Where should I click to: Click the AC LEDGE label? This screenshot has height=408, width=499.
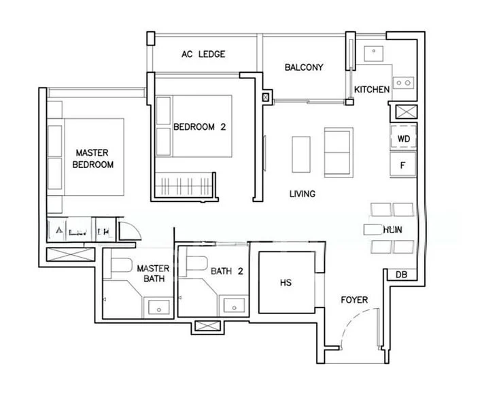point(203,54)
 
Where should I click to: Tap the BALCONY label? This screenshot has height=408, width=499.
point(303,67)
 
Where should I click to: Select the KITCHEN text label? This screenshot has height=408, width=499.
point(372,90)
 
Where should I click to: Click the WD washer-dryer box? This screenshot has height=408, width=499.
point(403,139)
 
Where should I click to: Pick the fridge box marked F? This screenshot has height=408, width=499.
point(402,165)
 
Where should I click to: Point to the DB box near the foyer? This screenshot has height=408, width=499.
point(400,275)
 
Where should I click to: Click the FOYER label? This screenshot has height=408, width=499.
point(354,300)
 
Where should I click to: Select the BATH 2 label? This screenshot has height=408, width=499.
point(227,271)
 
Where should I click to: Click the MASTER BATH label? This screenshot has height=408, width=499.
point(152,273)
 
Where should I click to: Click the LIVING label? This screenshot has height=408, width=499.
point(302,194)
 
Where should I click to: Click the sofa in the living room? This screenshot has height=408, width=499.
point(338,151)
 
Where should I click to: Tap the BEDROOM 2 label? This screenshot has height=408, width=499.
point(199,126)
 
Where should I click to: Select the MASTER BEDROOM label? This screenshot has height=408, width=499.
point(92,158)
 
